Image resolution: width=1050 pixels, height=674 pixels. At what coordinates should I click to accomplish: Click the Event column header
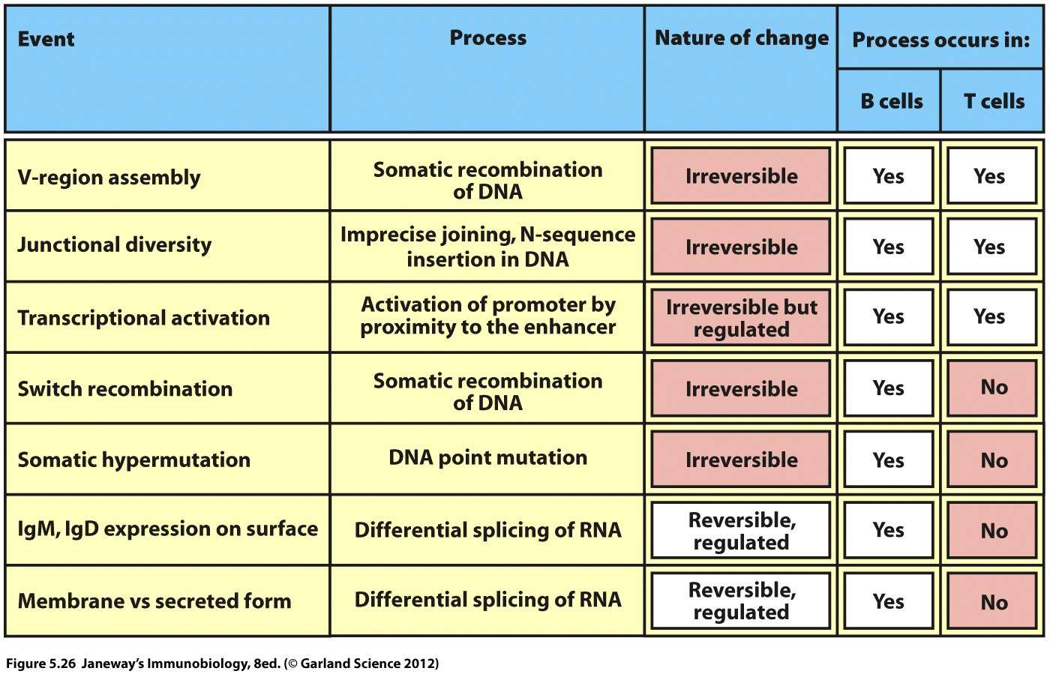point(46,39)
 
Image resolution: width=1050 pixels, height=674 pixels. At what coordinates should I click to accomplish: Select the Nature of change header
point(741,38)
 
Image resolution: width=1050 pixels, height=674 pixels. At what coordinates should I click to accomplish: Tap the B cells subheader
point(891,101)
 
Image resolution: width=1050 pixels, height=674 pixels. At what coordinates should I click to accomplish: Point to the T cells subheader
point(993,101)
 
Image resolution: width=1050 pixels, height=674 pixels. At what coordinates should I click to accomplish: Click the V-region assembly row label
point(109,178)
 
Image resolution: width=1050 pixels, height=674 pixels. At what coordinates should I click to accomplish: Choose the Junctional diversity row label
point(115,245)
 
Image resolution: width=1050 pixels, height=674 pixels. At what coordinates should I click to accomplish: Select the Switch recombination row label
point(125,389)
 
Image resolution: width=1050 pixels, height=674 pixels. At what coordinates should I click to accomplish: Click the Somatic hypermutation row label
point(134,460)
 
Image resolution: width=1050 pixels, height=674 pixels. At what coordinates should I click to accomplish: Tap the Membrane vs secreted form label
point(154,601)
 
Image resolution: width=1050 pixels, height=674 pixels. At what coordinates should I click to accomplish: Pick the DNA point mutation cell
point(487,458)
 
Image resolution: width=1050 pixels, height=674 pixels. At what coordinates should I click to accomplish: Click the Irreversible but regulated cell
point(741,318)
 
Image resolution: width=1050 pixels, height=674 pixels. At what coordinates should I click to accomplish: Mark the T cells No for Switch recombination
point(994,388)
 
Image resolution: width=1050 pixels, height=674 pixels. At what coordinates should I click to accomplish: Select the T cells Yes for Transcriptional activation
point(989,317)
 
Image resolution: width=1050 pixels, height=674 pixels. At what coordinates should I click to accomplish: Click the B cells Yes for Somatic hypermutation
point(888,460)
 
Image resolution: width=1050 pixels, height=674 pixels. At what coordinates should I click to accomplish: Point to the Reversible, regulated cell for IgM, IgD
point(741,531)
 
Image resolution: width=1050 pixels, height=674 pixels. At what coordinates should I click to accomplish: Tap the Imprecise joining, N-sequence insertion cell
point(487,247)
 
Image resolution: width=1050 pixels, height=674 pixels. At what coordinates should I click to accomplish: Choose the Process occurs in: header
point(940,40)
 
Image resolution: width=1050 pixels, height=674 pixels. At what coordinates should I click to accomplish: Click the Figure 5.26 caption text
point(222,664)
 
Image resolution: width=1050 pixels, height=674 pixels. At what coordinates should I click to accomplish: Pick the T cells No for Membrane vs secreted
point(994,602)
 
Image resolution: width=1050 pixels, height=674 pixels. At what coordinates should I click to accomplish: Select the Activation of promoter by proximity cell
point(487,316)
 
